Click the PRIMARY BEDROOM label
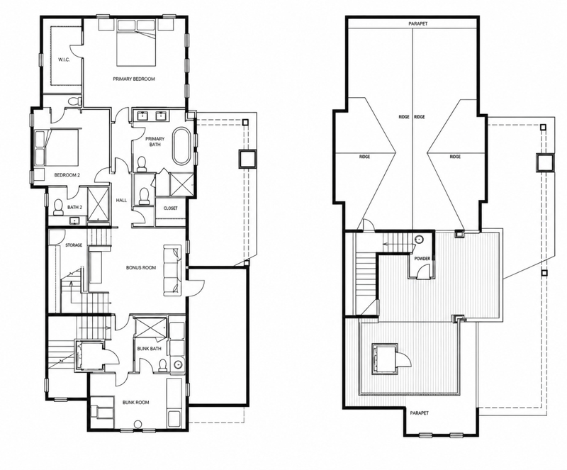pos(134,79)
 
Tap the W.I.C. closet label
pos(64,60)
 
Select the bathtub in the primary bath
pos(181,146)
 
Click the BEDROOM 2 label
pos(67,175)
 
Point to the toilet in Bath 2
pos(58,207)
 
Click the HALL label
pos(121,200)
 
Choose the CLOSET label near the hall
pos(171,208)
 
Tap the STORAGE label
pos(74,245)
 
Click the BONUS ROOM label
pos(141,268)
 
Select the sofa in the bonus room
pos(172,271)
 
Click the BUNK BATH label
pos(149,349)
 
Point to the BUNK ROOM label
pos(135,403)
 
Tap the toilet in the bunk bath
pos(163,364)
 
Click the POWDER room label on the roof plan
pos(422,259)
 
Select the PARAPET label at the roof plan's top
pos(418,23)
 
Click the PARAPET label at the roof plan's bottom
pos(420,413)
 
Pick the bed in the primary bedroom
pos(137,43)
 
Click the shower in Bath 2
pos(98,203)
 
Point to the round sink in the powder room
pos(420,240)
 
